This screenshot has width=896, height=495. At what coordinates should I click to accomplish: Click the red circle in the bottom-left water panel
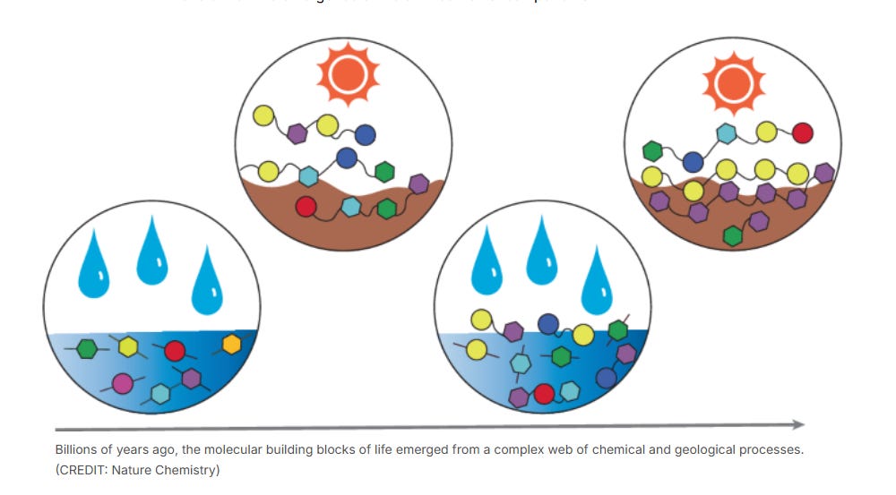[x=175, y=350]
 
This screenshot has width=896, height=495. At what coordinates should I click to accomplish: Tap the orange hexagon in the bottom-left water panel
[x=231, y=345]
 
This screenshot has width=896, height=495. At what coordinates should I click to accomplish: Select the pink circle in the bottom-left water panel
[x=122, y=384]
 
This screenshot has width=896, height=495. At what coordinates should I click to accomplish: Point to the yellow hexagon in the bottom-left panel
[x=127, y=346]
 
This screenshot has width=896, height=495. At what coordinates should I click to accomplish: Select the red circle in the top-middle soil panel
[x=306, y=207]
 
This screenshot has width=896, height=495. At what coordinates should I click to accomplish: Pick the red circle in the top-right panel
[x=802, y=133]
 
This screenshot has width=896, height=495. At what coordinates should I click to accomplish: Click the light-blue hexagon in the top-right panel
[x=727, y=134]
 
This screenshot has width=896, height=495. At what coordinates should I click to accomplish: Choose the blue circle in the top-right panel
[x=692, y=162]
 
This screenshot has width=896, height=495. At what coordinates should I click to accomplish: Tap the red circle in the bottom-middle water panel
[x=544, y=394]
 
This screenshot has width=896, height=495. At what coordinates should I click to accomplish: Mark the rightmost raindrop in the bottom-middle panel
[x=597, y=283]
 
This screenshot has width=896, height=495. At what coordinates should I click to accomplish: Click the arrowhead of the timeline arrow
[x=797, y=424]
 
